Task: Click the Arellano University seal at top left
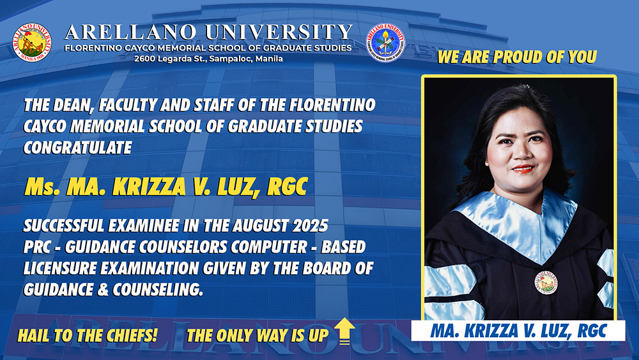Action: coord(33,42)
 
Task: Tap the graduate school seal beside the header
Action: coord(385,42)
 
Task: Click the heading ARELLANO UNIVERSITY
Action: coord(208,32)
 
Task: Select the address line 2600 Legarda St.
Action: coord(208,59)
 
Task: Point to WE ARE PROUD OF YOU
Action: coord(517,57)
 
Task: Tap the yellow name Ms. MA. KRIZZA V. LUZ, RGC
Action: coord(166,187)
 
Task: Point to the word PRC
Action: coord(39,247)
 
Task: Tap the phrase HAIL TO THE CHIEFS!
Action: coord(87,335)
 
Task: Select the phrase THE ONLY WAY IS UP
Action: coord(258,335)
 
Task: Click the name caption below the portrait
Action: coord(518,331)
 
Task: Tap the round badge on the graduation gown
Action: coord(546,282)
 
